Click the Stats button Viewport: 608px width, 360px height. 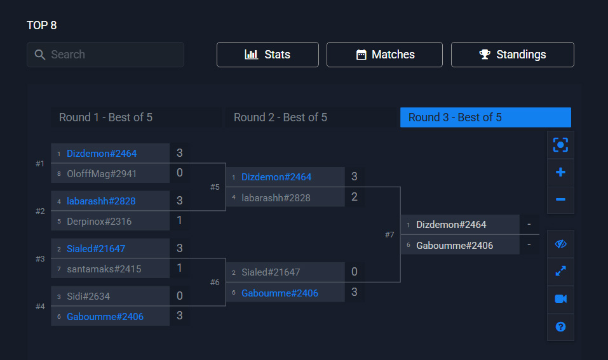pos(267,55)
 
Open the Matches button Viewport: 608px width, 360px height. pos(384,55)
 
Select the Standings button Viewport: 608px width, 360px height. pos(512,55)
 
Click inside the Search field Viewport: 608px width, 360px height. pos(105,55)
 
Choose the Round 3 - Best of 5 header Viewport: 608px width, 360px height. pos(485,117)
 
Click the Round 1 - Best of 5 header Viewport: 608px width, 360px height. pos(105,117)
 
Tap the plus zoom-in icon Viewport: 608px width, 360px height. pos(560,173)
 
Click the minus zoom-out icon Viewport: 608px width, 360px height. pos(560,199)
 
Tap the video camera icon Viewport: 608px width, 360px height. pos(560,299)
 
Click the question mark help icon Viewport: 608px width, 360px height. pos(560,327)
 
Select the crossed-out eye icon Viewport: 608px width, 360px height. pos(560,244)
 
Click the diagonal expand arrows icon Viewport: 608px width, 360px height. pos(560,271)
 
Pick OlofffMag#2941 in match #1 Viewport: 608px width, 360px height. pos(102,173)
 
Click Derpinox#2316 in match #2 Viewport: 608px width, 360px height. pos(99,221)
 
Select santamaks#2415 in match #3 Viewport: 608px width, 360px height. pos(104,269)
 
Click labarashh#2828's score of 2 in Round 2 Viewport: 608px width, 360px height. pos(355,197)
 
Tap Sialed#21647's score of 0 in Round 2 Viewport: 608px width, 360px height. pos(355,272)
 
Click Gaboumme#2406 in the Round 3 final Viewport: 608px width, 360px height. pos(454,246)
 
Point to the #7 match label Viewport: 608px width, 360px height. pos(389,235)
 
